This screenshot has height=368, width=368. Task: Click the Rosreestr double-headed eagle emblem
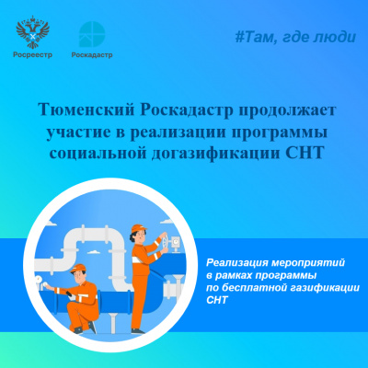[36, 34]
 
